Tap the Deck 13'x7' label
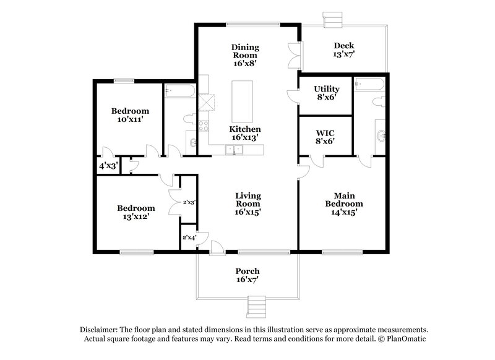click(x=344, y=50)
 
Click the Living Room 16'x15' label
click(x=247, y=204)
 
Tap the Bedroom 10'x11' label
click(x=130, y=116)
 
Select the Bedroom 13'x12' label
click(x=134, y=213)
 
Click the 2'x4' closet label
click(x=187, y=238)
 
